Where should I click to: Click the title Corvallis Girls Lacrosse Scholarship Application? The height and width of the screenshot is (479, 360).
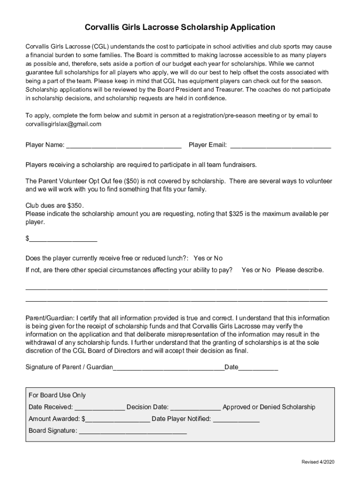[180, 28]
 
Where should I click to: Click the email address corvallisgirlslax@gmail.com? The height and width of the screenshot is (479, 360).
[63, 124]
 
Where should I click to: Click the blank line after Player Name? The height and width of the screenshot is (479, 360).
[124, 145]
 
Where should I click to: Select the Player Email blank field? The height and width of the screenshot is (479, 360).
[281, 145]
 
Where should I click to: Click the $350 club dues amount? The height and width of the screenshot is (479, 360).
[75, 205]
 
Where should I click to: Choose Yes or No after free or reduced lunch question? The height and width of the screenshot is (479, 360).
[208, 258]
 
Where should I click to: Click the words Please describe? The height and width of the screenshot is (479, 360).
[300, 270]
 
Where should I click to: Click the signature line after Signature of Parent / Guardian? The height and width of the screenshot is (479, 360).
[169, 367]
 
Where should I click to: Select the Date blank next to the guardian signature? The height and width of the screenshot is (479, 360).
[258, 367]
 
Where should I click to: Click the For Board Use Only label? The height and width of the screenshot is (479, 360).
[58, 395]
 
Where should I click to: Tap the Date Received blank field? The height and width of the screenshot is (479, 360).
[100, 407]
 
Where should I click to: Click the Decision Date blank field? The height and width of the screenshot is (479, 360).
[196, 407]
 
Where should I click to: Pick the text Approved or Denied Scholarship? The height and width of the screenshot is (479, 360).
[269, 407]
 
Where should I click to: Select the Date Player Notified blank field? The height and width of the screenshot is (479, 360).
[236, 419]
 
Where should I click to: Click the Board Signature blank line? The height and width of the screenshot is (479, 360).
[133, 431]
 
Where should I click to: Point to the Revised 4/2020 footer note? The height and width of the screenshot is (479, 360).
[318, 462]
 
